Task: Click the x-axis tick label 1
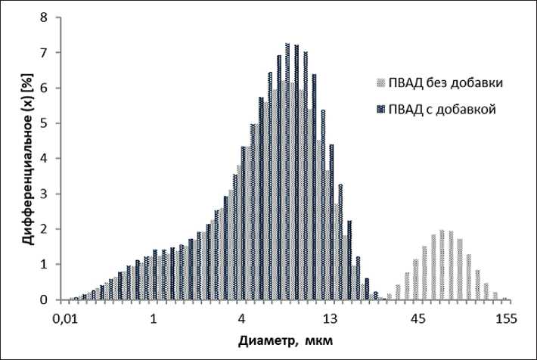154,318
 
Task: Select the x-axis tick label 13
330,318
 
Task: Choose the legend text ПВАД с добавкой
442,109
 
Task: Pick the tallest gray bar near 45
442,265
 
